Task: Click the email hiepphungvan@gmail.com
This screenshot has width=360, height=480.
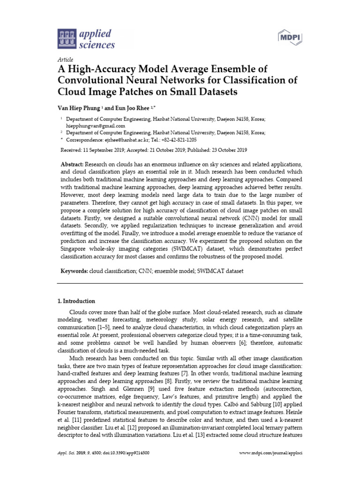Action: pos(95,126)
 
